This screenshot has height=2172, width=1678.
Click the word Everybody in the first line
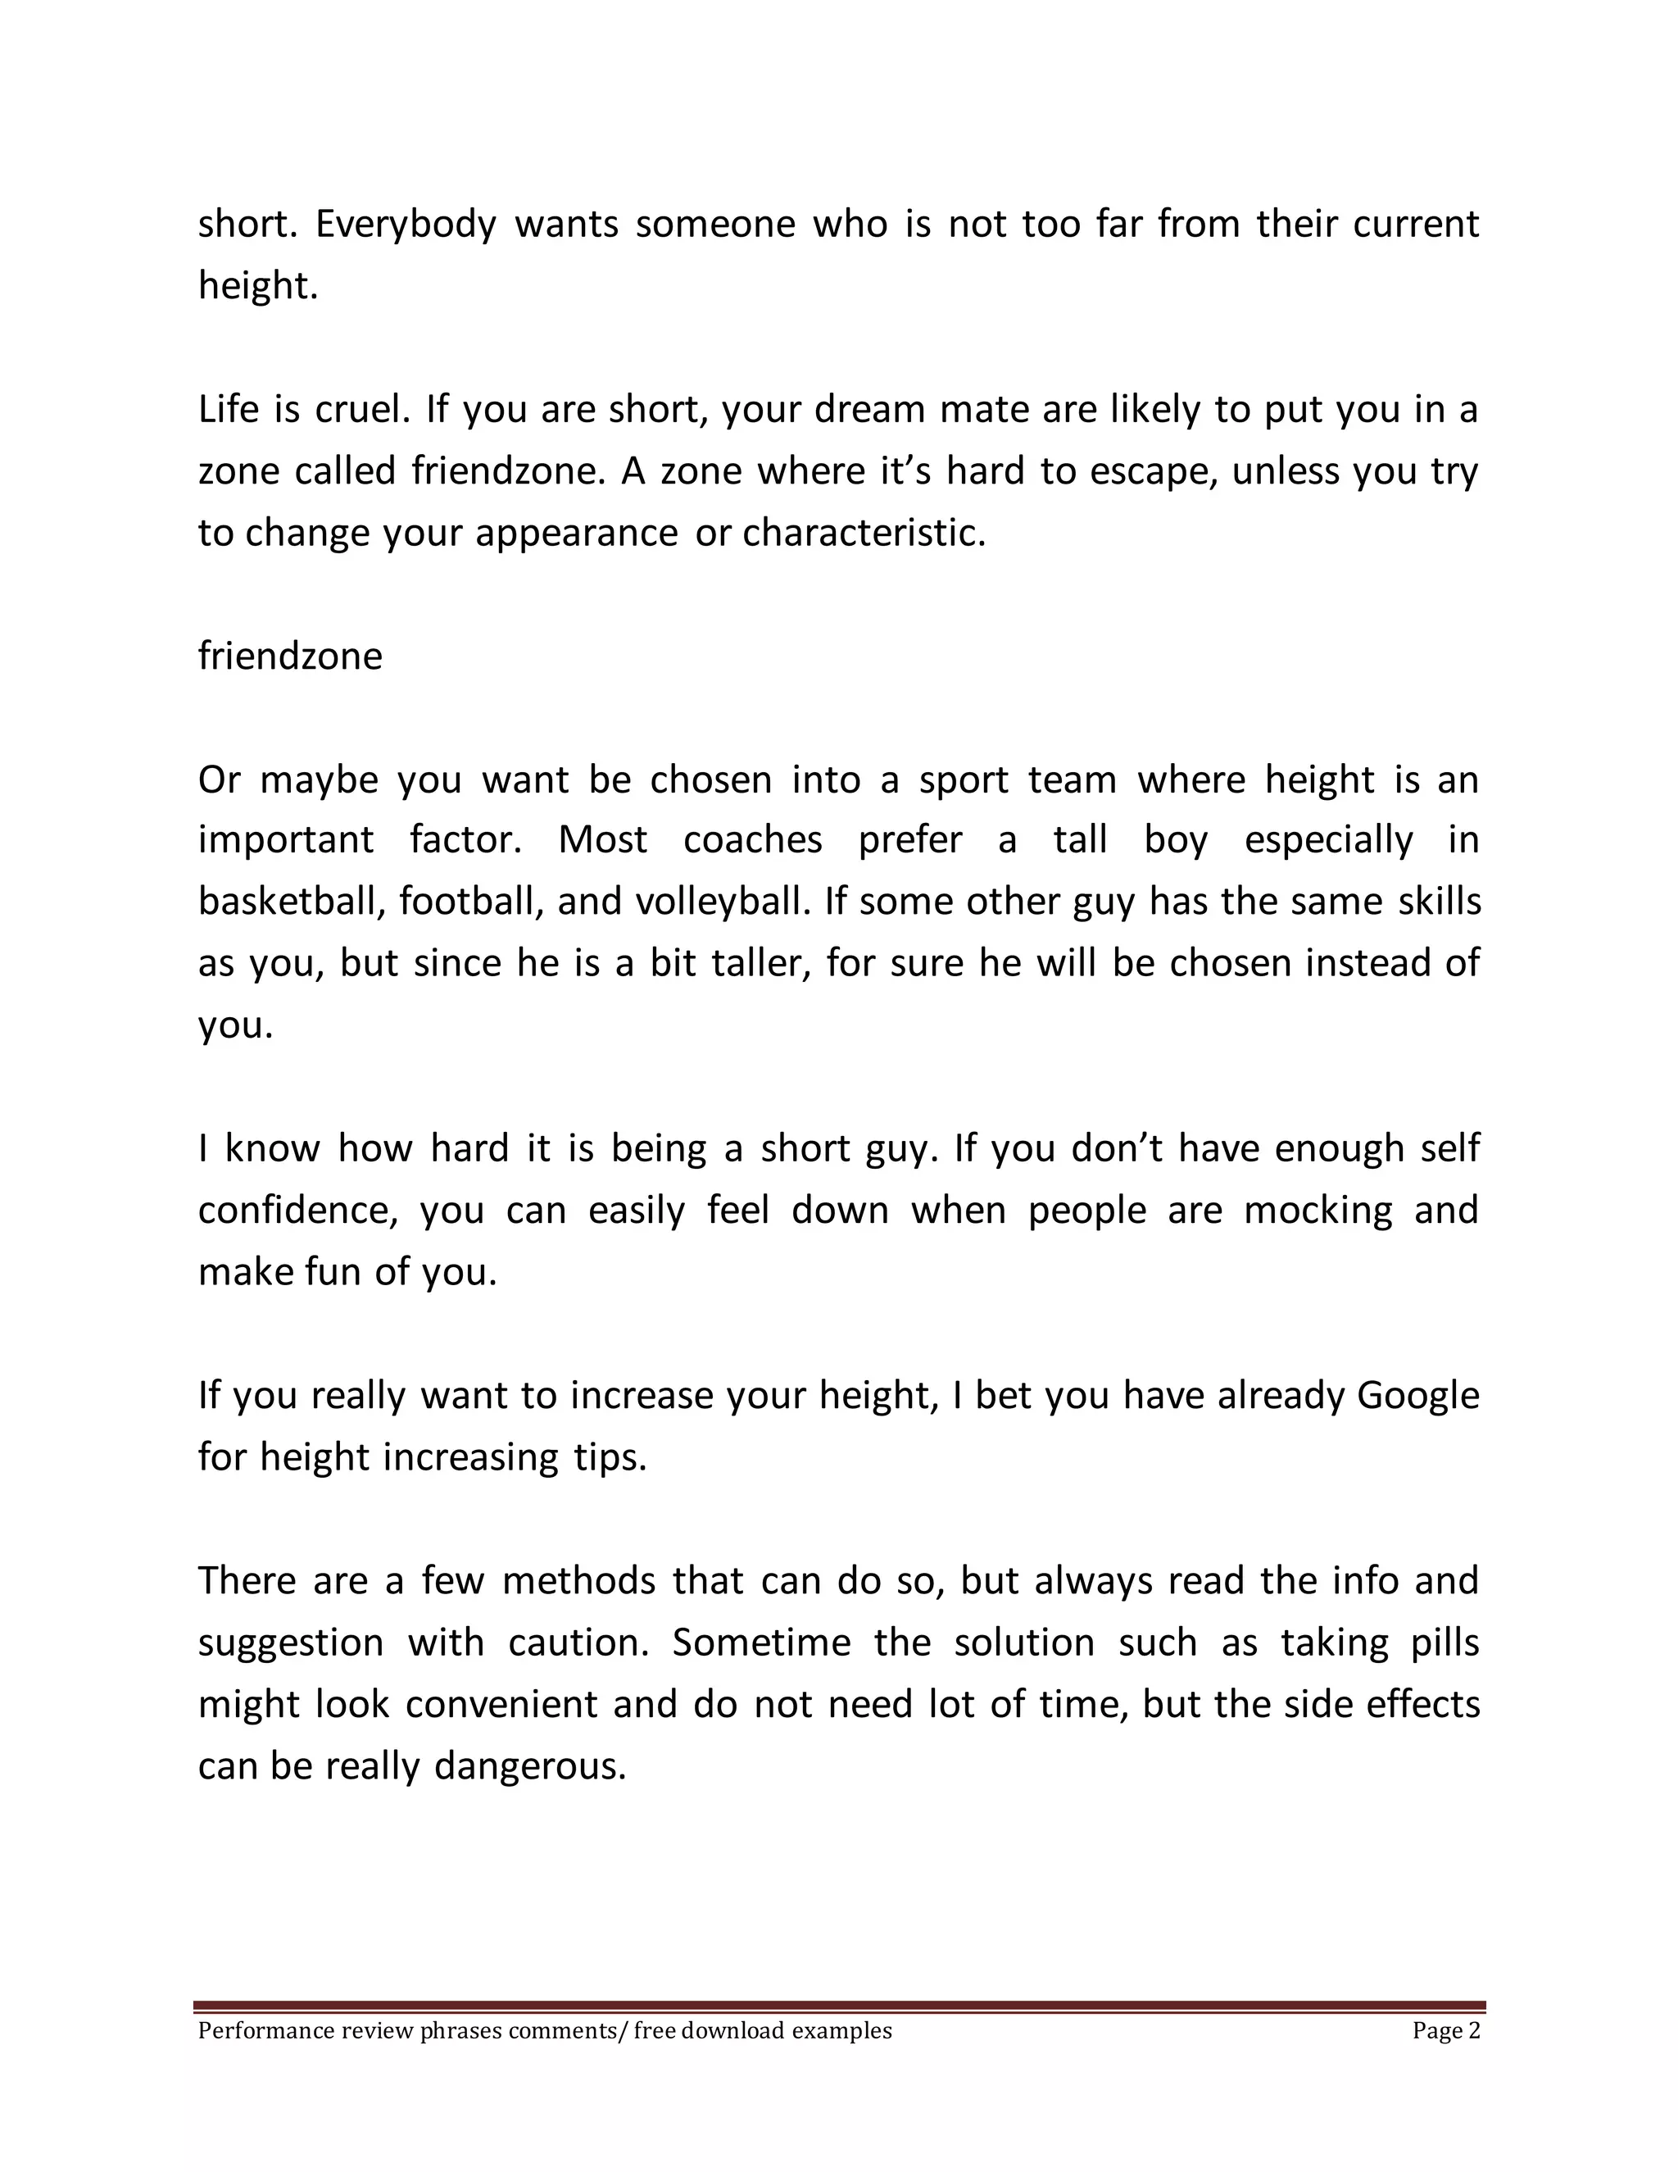tap(406, 225)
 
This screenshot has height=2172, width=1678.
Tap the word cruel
tap(362, 410)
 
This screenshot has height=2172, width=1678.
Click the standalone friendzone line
tap(289, 657)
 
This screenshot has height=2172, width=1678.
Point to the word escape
tap(1152, 471)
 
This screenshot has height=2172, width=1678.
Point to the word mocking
tap(1318, 1211)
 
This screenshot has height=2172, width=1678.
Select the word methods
tap(578, 1581)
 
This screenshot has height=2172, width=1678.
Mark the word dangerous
tap(530, 1767)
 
